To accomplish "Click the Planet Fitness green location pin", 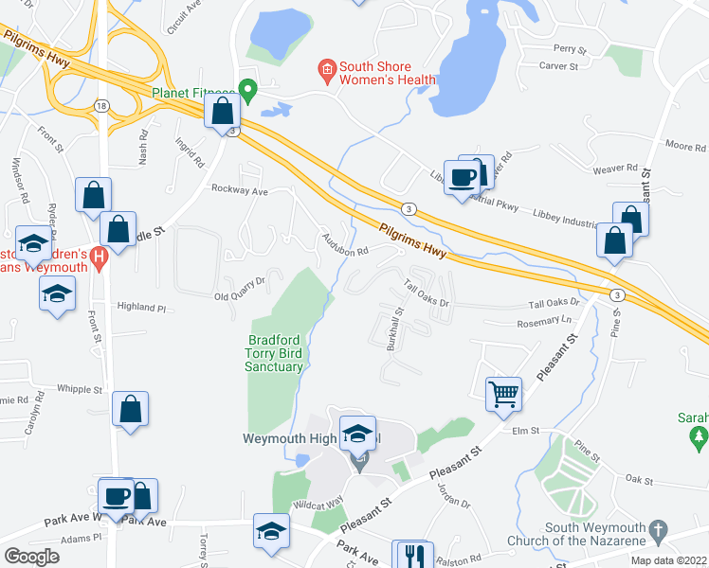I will coord(248,92).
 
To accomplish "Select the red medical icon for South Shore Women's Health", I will coord(326,68).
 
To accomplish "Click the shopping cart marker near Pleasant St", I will coord(504,392).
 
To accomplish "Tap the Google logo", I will coord(32,557).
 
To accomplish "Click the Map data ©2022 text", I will coord(668,560).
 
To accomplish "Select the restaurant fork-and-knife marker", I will coord(413,555).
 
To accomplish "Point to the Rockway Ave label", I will coord(240,190).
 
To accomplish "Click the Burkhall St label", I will coord(395,328).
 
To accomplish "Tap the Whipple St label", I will coord(80,389).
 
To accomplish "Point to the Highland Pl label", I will coord(141,308).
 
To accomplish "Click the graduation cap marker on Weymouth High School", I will coord(357,433).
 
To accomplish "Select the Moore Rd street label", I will coord(686,147).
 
